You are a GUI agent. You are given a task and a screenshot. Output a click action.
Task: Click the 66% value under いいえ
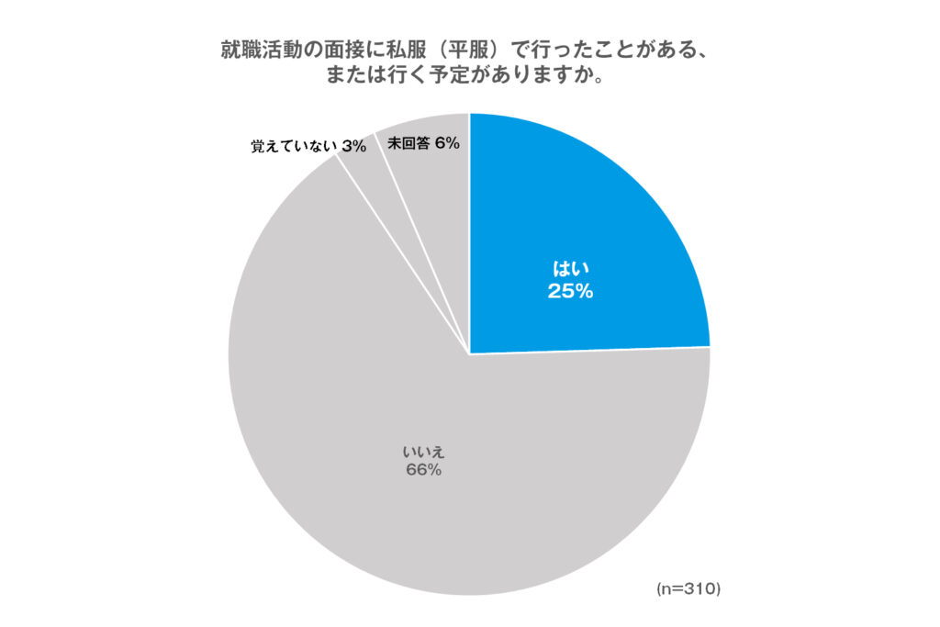click(x=422, y=470)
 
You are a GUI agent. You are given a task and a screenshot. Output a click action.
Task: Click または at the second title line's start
click(x=347, y=75)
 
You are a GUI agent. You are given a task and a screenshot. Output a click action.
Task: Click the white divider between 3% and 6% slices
click(x=404, y=184)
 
